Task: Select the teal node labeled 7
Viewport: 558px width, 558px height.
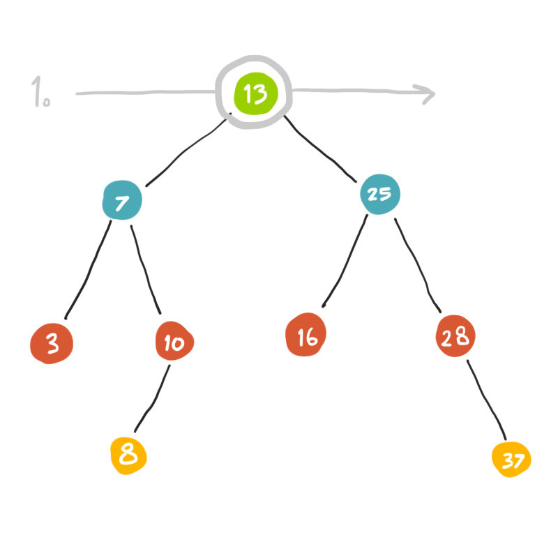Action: (122, 202)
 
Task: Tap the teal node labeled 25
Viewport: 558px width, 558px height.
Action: (379, 193)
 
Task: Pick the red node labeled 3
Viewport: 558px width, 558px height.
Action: (52, 344)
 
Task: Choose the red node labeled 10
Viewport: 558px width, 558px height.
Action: (174, 342)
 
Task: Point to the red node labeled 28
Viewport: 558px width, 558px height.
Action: (455, 338)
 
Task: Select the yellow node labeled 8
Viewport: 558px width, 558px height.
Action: (128, 455)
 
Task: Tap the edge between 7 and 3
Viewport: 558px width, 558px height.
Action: (89, 269)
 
